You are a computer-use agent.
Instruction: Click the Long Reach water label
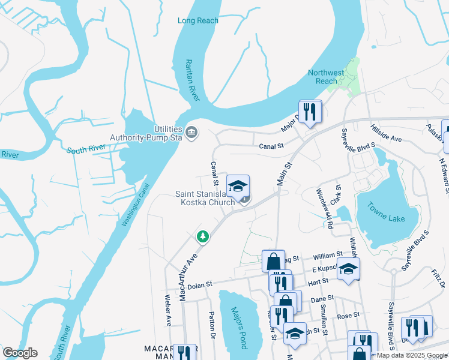(198, 20)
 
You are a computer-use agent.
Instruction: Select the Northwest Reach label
(327, 77)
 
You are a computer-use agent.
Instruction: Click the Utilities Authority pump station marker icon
(191, 132)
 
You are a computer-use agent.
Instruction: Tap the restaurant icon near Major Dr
(310, 112)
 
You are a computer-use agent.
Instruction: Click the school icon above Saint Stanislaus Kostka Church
(238, 185)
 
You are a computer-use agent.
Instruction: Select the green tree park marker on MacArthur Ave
(203, 237)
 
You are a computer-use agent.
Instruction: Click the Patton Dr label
(211, 325)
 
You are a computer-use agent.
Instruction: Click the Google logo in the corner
(20, 353)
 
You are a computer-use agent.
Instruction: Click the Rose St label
(348, 314)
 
